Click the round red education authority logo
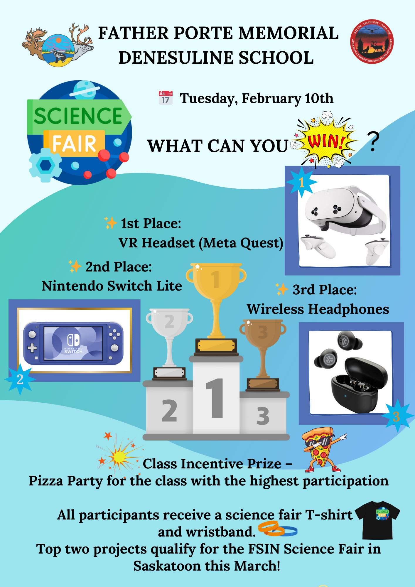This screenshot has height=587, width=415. [x=372, y=41]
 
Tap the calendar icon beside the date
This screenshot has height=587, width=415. [x=166, y=98]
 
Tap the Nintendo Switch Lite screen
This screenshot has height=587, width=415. [x=73, y=343]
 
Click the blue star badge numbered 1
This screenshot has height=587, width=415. [x=301, y=182]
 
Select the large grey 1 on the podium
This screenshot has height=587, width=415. [x=215, y=398]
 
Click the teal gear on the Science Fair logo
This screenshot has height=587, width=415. [x=45, y=165]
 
